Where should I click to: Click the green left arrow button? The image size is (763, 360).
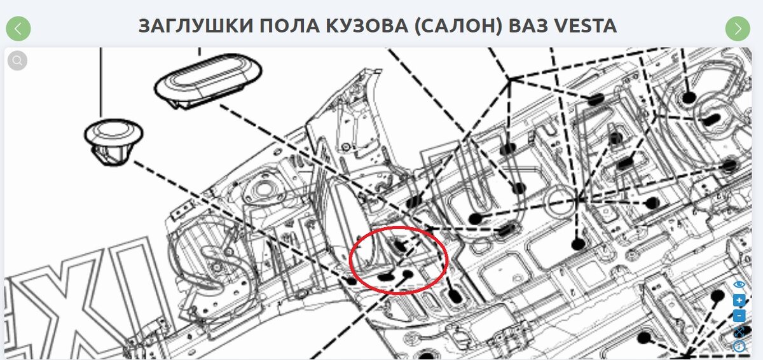[18, 29]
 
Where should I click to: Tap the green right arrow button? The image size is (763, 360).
[738, 29]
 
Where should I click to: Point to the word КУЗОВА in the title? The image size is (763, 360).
[367, 26]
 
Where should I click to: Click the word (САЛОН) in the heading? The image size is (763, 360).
[458, 27]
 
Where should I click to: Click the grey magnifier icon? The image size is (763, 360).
[17, 60]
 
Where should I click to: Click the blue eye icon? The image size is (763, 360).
[739, 284]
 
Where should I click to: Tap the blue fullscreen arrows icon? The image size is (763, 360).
[739, 331]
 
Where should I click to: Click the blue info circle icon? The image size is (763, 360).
[739, 347]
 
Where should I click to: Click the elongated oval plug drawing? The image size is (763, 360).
[208, 80]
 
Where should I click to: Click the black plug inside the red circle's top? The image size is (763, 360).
[400, 246]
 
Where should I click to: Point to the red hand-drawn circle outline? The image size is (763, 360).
[351, 261]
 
